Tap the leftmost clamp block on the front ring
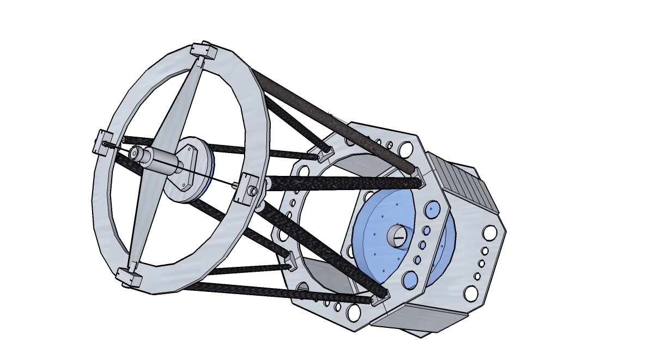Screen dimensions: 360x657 [104, 143]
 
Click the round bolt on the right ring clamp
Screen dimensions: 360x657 [253, 191]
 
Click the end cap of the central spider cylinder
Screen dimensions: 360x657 [134, 154]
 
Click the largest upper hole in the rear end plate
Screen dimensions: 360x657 [489, 233]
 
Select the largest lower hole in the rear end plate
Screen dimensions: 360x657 [470, 294]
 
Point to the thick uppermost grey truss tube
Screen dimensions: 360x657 [332, 117]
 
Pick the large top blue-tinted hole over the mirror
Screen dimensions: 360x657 [434, 209]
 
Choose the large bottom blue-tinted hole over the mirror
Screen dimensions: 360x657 [410, 280]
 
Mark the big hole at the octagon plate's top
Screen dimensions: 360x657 [405, 149]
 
